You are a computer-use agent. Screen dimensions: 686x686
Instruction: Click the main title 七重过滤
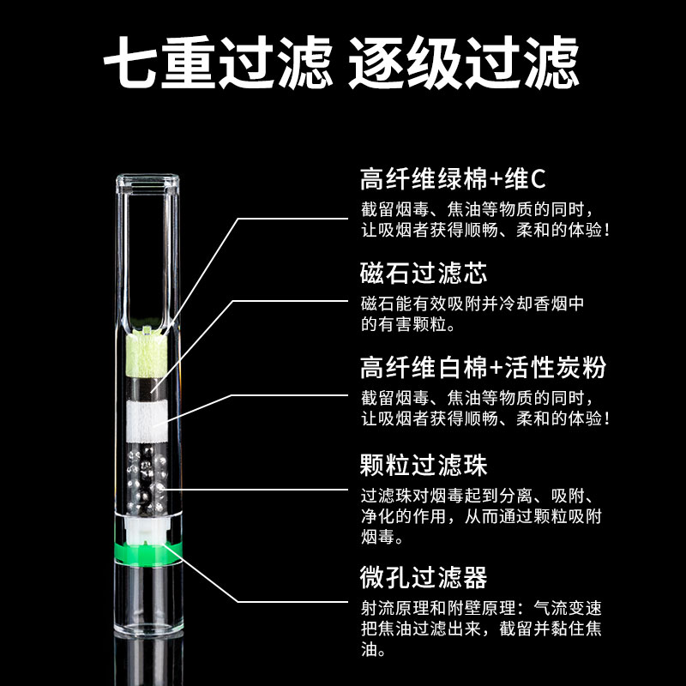point(219,61)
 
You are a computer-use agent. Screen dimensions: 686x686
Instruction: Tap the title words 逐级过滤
point(463,61)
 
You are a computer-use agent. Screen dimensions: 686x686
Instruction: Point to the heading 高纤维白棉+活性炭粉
point(483,368)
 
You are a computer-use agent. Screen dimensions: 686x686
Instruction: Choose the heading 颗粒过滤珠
point(424,466)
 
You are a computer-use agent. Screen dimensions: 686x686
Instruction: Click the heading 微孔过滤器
point(424,577)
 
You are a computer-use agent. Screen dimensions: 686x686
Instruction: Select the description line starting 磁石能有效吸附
point(472,304)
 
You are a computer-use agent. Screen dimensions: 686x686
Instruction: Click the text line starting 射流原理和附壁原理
point(480,608)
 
